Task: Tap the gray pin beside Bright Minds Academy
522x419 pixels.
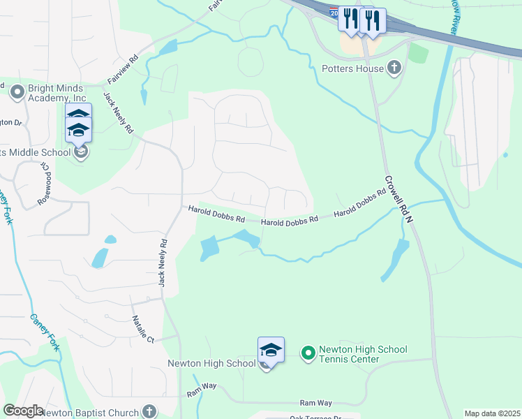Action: pyautogui.click(x=17, y=90)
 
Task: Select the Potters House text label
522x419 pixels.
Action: pyautogui.click(x=352, y=68)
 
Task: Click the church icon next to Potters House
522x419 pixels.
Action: pyautogui.click(x=394, y=68)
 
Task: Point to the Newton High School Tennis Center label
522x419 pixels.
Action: pyautogui.click(x=363, y=354)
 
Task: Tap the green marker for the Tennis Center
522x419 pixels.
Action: pyautogui.click(x=308, y=353)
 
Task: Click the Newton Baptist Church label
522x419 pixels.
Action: pyautogui.click(x=89, y=412)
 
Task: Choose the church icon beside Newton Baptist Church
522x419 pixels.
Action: pyautogui.click(x=149, y=411)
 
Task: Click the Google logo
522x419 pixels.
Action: pyautogui.click(x=23, y=411)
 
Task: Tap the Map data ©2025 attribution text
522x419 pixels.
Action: pyautogui.click(x=492, y=413)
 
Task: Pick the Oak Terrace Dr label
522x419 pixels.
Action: pyautogui.click(x=314, y=418)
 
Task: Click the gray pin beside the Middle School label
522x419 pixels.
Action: pyautogui.click(x=81, y=152)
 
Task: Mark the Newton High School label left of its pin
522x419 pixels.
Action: pyautogui.click(x=211, y=363)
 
